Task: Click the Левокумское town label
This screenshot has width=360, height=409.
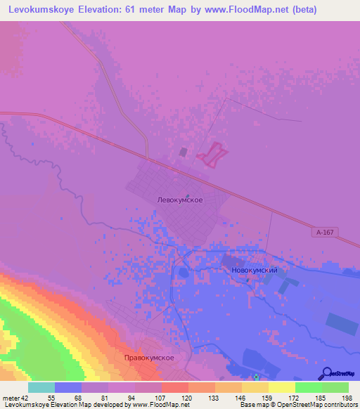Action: tap(180, 200)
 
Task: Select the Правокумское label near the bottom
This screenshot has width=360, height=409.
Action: tap(148, 358)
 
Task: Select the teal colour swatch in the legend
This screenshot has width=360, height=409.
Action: tap(41, 387)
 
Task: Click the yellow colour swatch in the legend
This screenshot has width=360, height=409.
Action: tap(282, 387)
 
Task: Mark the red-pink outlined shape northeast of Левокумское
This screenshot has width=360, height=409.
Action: tap(212, 154)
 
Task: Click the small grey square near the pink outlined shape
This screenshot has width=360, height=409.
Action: tap(184, 151)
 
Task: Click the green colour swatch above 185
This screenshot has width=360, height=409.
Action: tap(309, 387)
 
